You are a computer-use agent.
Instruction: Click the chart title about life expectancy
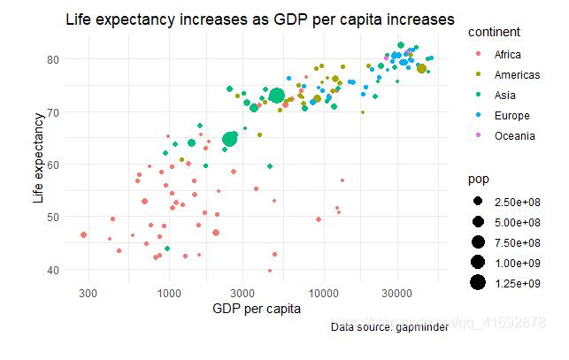click(260, 19)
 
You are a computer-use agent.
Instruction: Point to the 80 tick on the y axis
click(53, 59)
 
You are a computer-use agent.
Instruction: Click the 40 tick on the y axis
click(53, 269)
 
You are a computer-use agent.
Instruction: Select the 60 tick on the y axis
click(53, 165)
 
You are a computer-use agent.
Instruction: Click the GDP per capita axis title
click(257, 309)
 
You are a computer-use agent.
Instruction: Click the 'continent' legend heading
click(494, 32)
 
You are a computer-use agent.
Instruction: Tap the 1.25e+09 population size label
click(518, 283)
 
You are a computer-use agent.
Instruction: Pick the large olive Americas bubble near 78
click(421, 68)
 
